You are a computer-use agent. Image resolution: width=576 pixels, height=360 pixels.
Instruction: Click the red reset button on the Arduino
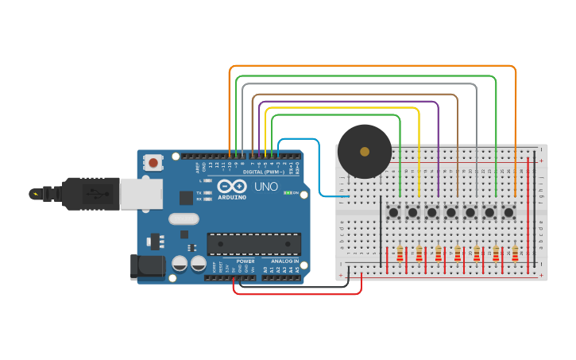(153, 162)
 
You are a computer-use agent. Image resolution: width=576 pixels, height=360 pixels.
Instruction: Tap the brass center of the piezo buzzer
(365, 151)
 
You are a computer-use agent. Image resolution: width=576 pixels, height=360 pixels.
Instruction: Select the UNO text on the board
(266, 187)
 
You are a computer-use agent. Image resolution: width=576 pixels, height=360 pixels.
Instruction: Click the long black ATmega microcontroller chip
(253, 245)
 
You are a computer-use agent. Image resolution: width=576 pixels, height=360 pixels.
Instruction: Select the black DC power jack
(148, 266)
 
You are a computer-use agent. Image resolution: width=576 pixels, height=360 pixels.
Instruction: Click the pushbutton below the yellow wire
(412, 212)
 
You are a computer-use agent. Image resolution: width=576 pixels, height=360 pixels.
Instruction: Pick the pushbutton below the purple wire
(431, 212)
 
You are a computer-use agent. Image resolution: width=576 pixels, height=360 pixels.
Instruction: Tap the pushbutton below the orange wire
(508, 212)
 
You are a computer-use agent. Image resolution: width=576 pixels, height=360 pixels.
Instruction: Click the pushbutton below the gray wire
(470, 212)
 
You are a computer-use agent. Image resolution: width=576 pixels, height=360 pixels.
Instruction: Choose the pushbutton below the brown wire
(451, 212)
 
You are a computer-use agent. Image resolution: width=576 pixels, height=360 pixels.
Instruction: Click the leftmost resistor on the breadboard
(400, 254)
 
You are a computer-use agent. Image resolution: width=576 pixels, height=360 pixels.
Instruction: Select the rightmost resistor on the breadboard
(515, 254)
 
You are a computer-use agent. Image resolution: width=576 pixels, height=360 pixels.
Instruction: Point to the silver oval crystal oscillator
(184, 219)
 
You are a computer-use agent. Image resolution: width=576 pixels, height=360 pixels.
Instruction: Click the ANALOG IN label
(284, 261)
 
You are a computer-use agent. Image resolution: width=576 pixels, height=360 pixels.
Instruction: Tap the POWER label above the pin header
(245, 261)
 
